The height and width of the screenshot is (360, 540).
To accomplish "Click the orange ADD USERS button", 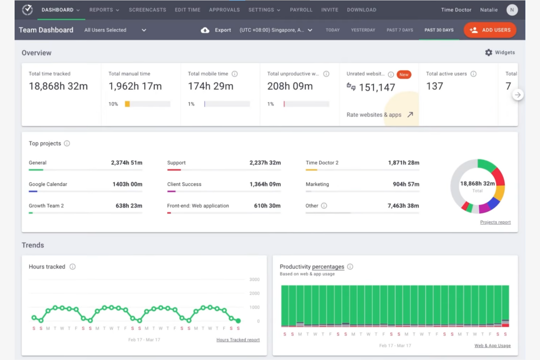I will coord(490,30).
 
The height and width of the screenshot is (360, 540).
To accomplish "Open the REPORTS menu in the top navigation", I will coord(104,10).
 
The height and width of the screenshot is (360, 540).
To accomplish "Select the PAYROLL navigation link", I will coord(301,10).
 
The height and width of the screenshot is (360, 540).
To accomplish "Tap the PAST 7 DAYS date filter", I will coord(400,30).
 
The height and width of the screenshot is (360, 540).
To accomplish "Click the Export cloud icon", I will coord(205,30).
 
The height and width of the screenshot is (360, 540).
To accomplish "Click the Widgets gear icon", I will coord(489,53).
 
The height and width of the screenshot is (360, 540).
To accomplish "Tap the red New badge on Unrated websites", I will coord(404,74).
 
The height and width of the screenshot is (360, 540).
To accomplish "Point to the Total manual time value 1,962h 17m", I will coord(135,86).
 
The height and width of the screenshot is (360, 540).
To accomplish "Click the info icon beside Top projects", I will coord(67,143).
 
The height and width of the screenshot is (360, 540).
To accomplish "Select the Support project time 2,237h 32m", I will coord(265,163).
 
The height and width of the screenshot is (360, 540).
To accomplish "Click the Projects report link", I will coord(495,222).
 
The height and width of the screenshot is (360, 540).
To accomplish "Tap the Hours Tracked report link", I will coord(238,340).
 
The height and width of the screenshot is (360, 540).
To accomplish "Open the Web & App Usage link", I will coord(492,345).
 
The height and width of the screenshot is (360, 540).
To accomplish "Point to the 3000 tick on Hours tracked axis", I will coord(254,279).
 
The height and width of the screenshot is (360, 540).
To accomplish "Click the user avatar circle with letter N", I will coord(512,10).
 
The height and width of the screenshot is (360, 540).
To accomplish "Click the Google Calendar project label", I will coord(48,184).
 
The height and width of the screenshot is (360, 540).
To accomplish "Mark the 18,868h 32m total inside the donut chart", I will coord(477,183).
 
